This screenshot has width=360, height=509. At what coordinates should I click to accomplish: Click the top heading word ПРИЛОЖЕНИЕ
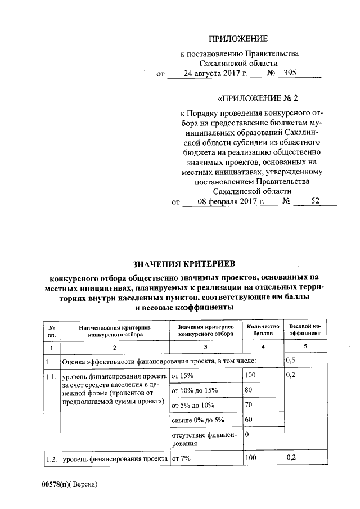238,39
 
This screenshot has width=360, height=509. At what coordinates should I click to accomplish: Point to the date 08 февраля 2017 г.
230,201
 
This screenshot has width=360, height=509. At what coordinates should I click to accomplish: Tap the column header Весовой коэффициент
304,330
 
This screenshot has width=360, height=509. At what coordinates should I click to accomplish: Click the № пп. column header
51,330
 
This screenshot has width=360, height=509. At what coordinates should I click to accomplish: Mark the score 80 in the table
250,390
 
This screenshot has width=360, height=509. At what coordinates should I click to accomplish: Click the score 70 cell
250,405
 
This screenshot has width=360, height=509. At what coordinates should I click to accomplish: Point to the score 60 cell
250,420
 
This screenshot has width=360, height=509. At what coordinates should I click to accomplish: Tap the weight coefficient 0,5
291,360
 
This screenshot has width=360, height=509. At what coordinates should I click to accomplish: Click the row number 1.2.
52,459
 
